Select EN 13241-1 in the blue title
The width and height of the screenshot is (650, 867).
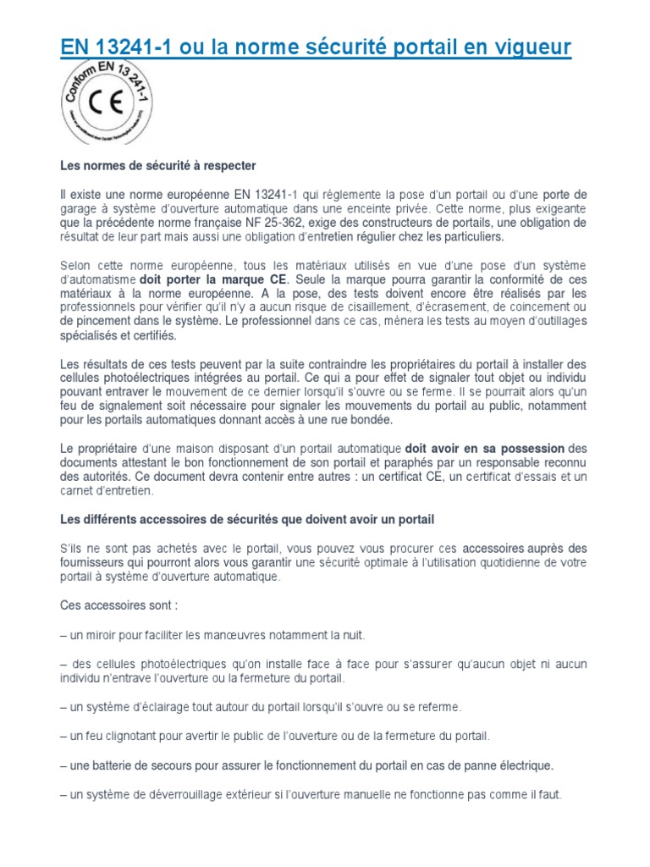pos(112,48)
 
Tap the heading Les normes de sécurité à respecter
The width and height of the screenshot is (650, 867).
pos(158,164)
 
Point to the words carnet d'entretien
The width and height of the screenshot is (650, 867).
pos(107,491)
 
